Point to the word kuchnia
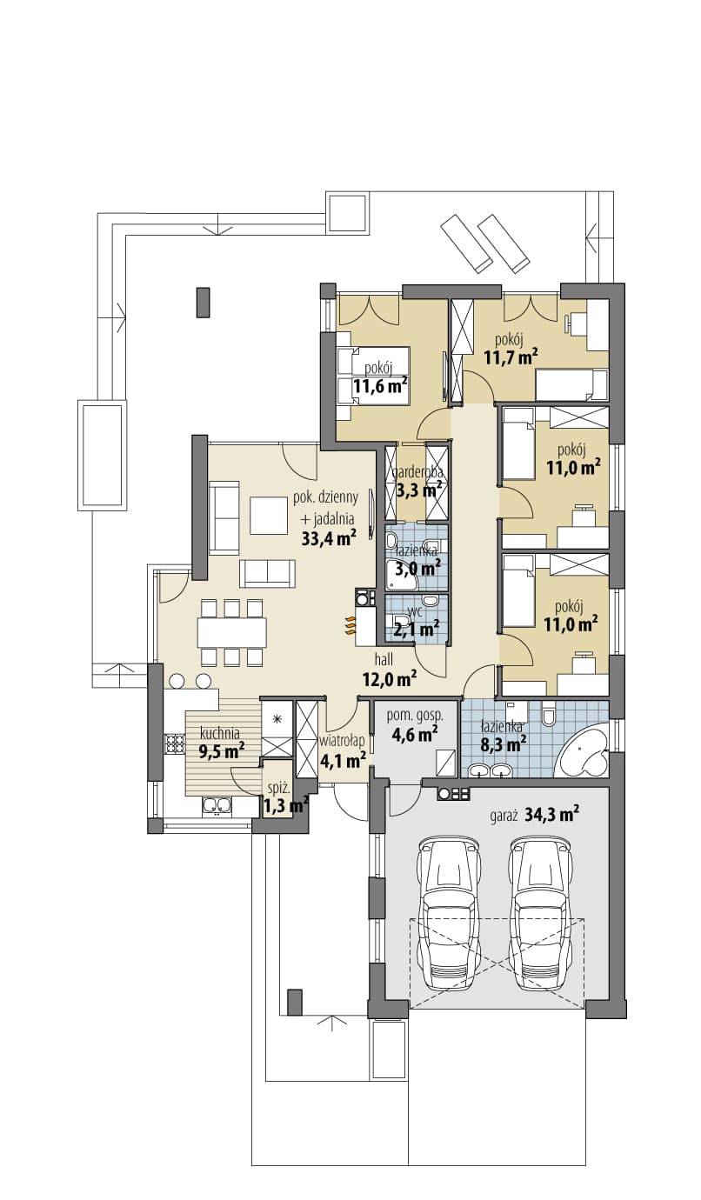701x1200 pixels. [220, 732]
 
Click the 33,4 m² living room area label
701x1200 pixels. [329, 538]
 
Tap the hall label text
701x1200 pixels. [384, 659]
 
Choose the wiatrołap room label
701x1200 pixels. [343, 741]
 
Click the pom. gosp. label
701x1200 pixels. [417, 715]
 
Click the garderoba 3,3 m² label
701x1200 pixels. [417, 482]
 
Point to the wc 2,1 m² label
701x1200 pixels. [417, 619]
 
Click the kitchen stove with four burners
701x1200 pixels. [174, 743]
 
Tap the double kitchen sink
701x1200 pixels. [217, 805]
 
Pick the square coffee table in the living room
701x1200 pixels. [269, 515]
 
